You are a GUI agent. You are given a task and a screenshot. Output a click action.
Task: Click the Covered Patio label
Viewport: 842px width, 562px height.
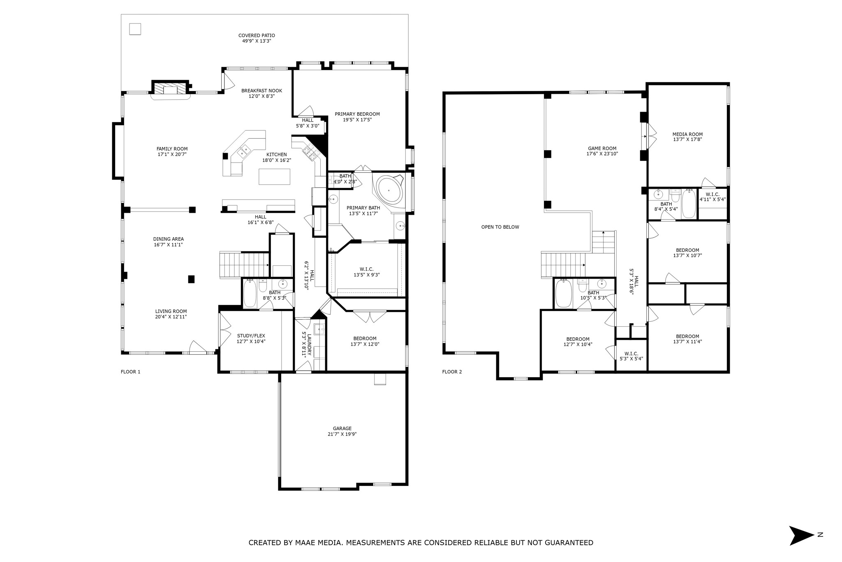coord(257,36)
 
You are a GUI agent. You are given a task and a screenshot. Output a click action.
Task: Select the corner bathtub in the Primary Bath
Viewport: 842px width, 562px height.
coord(389,190)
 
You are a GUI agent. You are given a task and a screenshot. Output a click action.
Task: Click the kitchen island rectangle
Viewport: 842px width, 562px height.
coord(274,176)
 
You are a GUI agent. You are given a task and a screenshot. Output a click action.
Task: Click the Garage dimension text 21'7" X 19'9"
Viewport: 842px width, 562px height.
coord(342,434)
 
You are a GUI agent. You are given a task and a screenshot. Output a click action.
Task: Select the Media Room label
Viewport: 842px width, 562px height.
coord(687,134)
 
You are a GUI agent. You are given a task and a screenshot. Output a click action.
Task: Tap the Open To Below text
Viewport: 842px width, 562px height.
coord(500,227)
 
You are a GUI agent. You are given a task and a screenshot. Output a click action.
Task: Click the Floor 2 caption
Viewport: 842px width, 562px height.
coord(452,372)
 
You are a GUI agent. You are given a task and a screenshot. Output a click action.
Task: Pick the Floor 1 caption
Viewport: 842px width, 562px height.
coord(130,372)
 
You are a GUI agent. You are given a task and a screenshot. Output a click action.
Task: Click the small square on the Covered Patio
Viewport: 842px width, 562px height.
coord(135,29)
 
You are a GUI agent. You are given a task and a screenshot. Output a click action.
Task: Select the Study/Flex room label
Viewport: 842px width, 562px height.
coord(251,336)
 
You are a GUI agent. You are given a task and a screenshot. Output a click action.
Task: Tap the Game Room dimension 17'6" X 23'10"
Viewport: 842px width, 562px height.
coord(602,154)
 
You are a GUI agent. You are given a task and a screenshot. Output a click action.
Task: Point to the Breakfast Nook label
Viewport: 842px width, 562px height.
coord(261,91)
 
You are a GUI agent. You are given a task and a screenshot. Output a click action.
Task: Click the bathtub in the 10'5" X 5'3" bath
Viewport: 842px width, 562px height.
coord(563,294)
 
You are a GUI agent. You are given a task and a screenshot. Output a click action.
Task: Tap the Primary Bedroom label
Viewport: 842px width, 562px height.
coord(357,114)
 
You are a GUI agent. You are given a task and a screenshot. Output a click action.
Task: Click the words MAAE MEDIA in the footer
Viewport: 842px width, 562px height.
coord(319,543)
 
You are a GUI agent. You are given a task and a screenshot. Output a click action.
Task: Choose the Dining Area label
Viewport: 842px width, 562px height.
coord(168,239)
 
